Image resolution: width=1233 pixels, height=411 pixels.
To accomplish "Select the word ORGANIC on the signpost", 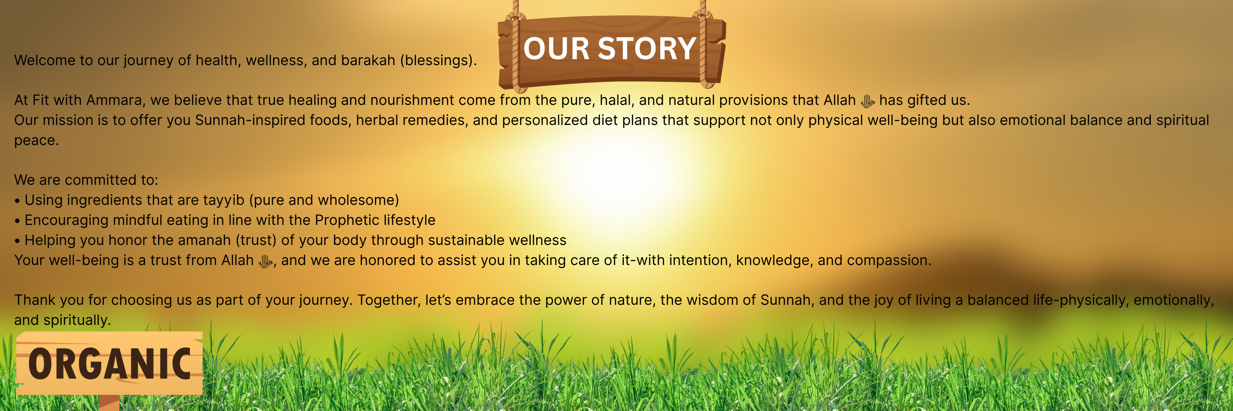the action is click(109, 364).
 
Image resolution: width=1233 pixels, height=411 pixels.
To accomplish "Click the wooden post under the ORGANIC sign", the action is click(109, 402).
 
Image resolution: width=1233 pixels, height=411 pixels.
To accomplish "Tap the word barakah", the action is click(368, 60).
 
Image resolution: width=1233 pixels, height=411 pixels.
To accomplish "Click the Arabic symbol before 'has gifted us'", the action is click(867, 101).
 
